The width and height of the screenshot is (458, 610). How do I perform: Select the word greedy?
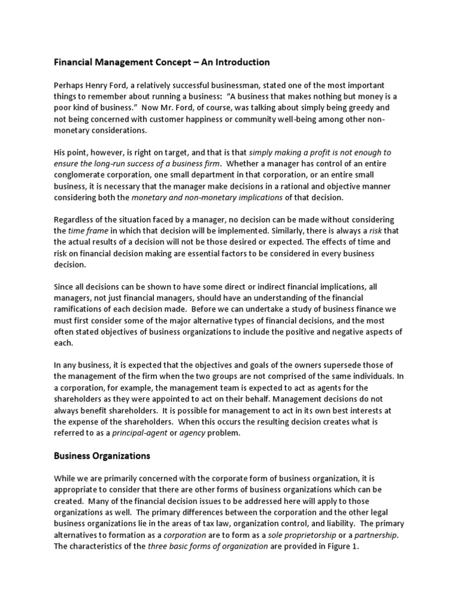coord(348,108)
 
